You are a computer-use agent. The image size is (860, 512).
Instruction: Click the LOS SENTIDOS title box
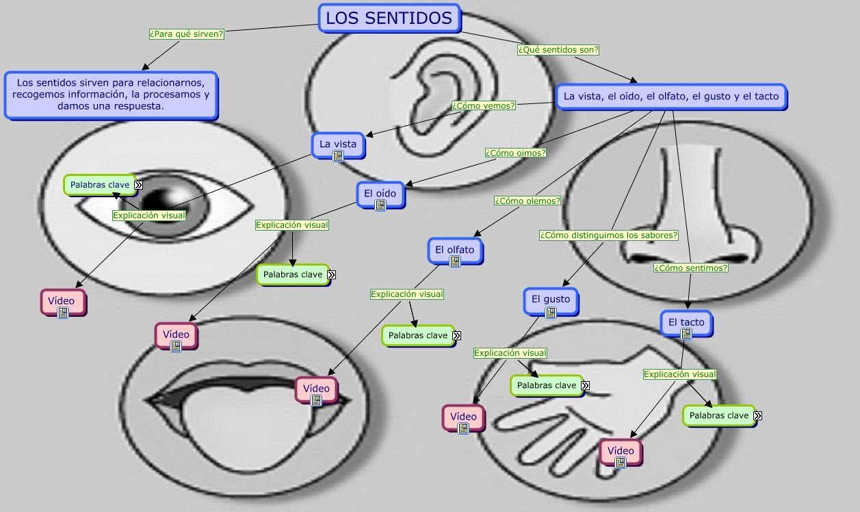[x=389, y=18]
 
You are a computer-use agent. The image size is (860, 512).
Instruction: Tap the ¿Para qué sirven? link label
[x=187, y=34]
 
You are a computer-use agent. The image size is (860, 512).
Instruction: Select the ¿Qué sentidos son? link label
[x=558, y=49]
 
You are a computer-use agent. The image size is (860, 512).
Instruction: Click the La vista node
[x=338, y=144]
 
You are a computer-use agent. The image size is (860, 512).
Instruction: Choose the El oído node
[x=380, y=193]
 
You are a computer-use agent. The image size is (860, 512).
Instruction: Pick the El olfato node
[x=455, y=250]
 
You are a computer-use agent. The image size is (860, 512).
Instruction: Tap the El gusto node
[x=550, y=299]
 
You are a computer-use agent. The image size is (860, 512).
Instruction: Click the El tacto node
[x=686, y=322]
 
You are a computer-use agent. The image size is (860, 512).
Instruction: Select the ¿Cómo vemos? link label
[x=484, y=105]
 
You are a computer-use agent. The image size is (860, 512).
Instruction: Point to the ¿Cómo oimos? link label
[x=515, y=153]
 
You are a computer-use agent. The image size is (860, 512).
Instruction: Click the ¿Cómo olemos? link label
[x=527, y=201]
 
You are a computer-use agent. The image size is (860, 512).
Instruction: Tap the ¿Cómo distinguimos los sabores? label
[x=608, y=235]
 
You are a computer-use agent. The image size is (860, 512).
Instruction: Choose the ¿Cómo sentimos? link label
[x=690, y=268]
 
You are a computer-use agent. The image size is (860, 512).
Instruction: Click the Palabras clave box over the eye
[x=100, y=185]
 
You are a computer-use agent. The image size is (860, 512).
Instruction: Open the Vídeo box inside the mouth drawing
[x=316, y=389]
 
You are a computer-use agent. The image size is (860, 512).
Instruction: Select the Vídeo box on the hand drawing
[x=621, y=451]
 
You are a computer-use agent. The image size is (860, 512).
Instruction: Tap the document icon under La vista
[x=337, y=156]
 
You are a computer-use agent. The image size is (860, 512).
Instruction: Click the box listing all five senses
[x=670, y=97]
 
